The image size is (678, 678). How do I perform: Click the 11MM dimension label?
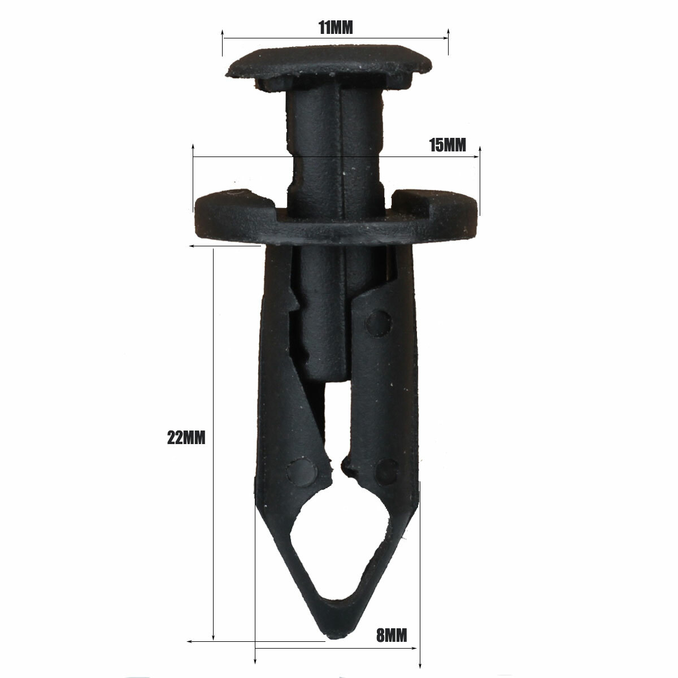pyautogui.click(x=336, y=28)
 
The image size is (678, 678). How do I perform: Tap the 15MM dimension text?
pyautogui.click(x=447, y=145)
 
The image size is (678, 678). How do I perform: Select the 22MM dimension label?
pyautogui.click(x=186, y=438)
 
